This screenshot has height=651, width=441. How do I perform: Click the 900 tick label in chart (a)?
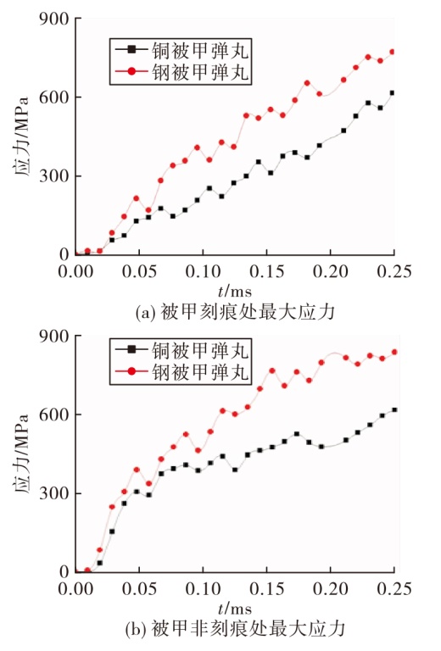click(54, 19)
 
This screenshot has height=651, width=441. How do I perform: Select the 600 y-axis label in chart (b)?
click(54, 415)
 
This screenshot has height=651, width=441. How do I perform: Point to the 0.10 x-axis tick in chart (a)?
click(203, 271)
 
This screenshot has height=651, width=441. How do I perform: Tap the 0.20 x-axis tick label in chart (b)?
click(331, 589)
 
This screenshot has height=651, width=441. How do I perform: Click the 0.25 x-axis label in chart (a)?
click(394, 271)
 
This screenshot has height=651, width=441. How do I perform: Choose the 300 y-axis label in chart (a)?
click(54, 176)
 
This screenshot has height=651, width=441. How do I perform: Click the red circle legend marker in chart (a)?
click(131, 71)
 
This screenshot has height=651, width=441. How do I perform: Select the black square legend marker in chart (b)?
click(131, 349)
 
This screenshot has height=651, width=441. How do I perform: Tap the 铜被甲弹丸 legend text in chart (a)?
click(200, 51)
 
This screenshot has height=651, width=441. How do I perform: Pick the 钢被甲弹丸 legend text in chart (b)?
click(200, 371)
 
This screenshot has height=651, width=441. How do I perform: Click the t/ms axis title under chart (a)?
click(235, 292)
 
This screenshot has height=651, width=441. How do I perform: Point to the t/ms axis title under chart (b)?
click(235, 609)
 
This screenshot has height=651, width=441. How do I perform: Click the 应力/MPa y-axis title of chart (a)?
click(23, 136)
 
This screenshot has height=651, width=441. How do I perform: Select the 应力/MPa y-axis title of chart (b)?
click(23, 453)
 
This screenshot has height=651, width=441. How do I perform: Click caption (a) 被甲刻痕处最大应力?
click(235, 312)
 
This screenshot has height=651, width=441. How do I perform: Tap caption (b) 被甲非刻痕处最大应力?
click(235, 629)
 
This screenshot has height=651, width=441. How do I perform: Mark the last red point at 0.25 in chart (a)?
click(392, 52)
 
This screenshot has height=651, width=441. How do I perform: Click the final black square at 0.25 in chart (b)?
click(394, 409)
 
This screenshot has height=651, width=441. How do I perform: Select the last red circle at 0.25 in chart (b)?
click(394, 352)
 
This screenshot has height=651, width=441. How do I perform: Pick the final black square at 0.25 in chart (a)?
click(392, 93)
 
